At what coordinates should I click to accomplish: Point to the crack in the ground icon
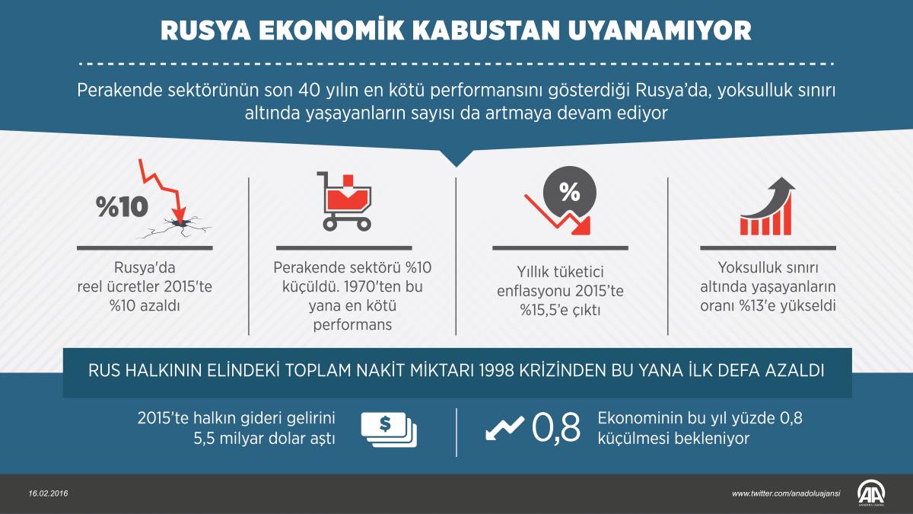point(182,225)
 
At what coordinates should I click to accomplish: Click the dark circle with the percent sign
point(569,192)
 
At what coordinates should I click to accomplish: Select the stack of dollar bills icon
point(388,429)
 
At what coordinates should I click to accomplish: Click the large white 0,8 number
point(556,428)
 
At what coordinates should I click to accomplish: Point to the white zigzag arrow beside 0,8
point(504,428)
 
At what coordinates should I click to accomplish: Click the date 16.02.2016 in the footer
point(49,493)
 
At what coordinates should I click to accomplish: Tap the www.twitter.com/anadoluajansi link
point(786,493)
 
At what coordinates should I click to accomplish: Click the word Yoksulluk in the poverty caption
point(749,268)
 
